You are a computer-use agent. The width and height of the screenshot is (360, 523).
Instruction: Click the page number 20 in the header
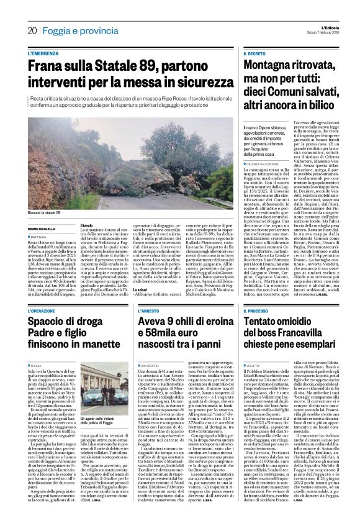(x=31, y=30)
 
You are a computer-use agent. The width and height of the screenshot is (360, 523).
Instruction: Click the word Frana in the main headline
(x=47, y=66)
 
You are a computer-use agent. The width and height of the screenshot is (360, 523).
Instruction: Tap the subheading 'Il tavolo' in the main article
(x=88, y=225)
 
